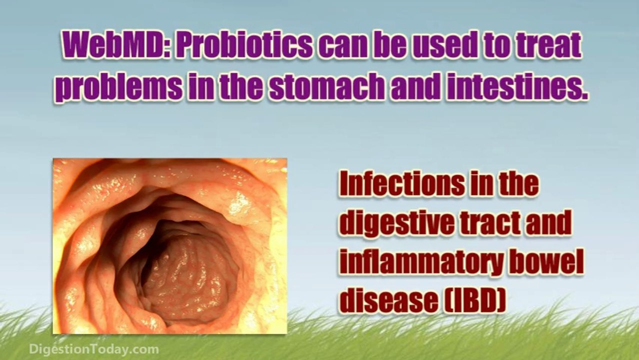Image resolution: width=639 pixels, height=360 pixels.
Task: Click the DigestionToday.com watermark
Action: pos(94,349)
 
